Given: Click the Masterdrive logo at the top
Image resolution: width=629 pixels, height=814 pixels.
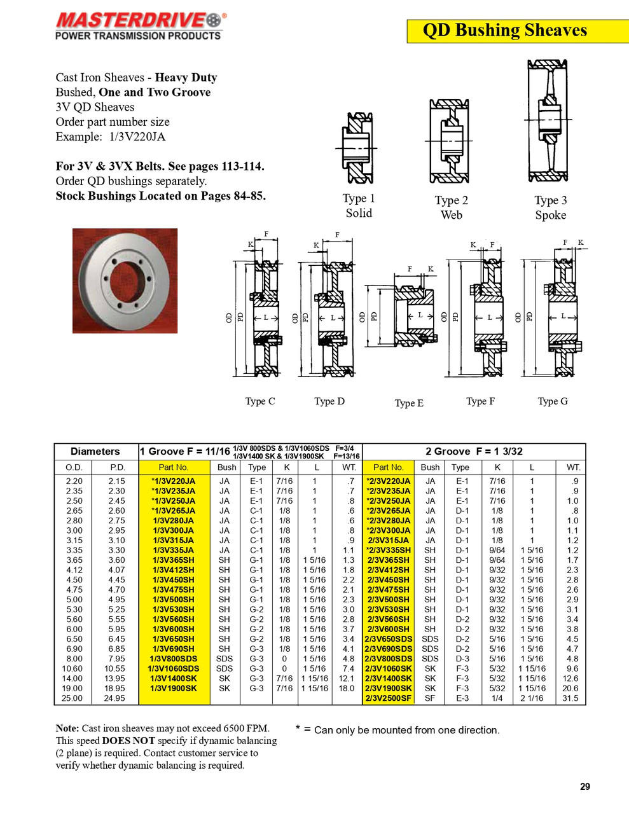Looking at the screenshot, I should point(139,26).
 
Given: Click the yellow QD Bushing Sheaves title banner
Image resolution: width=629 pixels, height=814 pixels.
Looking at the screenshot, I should point(504,31).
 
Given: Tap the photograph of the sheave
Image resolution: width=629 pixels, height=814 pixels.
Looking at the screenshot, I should point(125,280).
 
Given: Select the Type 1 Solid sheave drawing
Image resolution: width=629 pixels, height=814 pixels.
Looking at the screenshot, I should point(359,148).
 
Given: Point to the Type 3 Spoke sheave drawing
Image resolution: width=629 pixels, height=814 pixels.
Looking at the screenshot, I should point(548,121).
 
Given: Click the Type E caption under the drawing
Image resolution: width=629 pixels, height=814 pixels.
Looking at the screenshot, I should point(408,403).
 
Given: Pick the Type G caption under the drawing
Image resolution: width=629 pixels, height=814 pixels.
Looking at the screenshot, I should point(552,401).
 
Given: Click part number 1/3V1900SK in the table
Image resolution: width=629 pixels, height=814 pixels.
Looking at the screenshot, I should point(174,688).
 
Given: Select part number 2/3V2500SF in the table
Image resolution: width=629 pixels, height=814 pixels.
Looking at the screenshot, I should point(389,698).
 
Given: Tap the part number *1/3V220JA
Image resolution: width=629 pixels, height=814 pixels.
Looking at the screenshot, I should point(174,481).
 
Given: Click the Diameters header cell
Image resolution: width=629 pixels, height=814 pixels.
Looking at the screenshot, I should point(95,452).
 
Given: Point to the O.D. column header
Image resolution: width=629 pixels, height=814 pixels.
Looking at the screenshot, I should point(74,467).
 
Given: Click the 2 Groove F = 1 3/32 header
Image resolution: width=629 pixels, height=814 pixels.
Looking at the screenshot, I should point(474,452).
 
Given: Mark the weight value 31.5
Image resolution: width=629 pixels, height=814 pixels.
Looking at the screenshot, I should point(570,698).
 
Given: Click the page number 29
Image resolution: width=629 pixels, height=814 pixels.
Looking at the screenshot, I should point(584,787).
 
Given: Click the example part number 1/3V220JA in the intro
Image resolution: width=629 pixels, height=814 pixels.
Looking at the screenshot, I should point(137,137).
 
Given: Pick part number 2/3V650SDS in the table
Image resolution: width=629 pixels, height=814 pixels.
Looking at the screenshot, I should point(389,639).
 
